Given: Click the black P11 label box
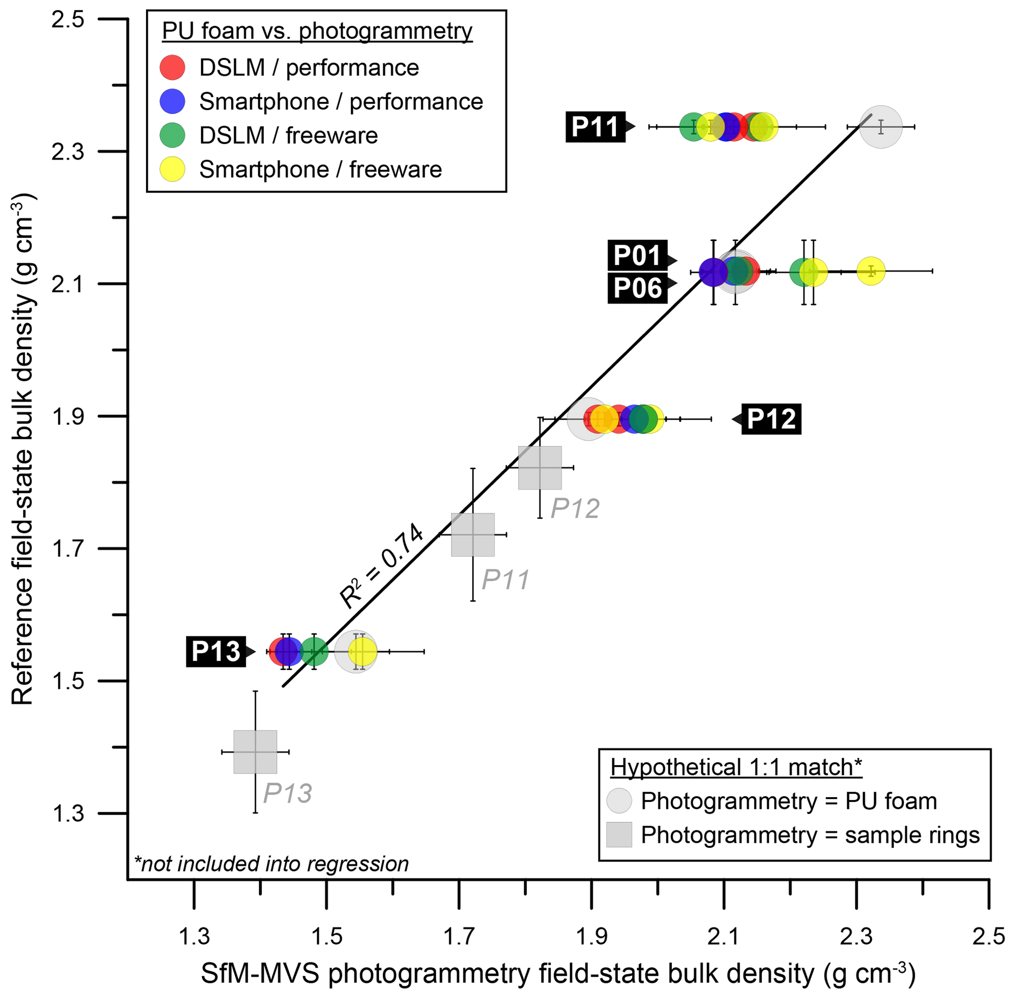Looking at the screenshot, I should pos(595,127).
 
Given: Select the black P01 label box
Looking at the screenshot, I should pos(637,256).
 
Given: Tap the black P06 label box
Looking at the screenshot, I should pos(637,288).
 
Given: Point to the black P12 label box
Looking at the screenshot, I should pos(771,419).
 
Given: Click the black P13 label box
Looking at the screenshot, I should pos(215,651).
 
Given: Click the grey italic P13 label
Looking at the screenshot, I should pos(287,793).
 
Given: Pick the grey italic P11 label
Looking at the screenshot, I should pos(505,580).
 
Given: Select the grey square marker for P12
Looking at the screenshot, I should pos(540,468).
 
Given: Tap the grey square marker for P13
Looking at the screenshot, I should pos(256,751).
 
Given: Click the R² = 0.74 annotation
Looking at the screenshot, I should pos(381,566).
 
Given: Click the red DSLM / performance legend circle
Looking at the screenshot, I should pos(173,68).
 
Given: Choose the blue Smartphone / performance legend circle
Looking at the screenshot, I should pos(173,101).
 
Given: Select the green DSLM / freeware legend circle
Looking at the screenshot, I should pos(173,136).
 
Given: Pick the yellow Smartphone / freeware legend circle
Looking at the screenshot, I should pos(173,169).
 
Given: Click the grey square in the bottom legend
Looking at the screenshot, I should pos(619,835).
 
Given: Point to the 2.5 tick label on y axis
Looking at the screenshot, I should pos(67,20).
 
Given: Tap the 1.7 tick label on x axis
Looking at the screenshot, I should pos(459,936).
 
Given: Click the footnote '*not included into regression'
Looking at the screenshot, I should pos(271,864).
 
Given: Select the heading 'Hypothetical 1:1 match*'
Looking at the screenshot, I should pos(736,767).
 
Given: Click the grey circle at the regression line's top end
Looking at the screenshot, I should pos(881,127).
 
